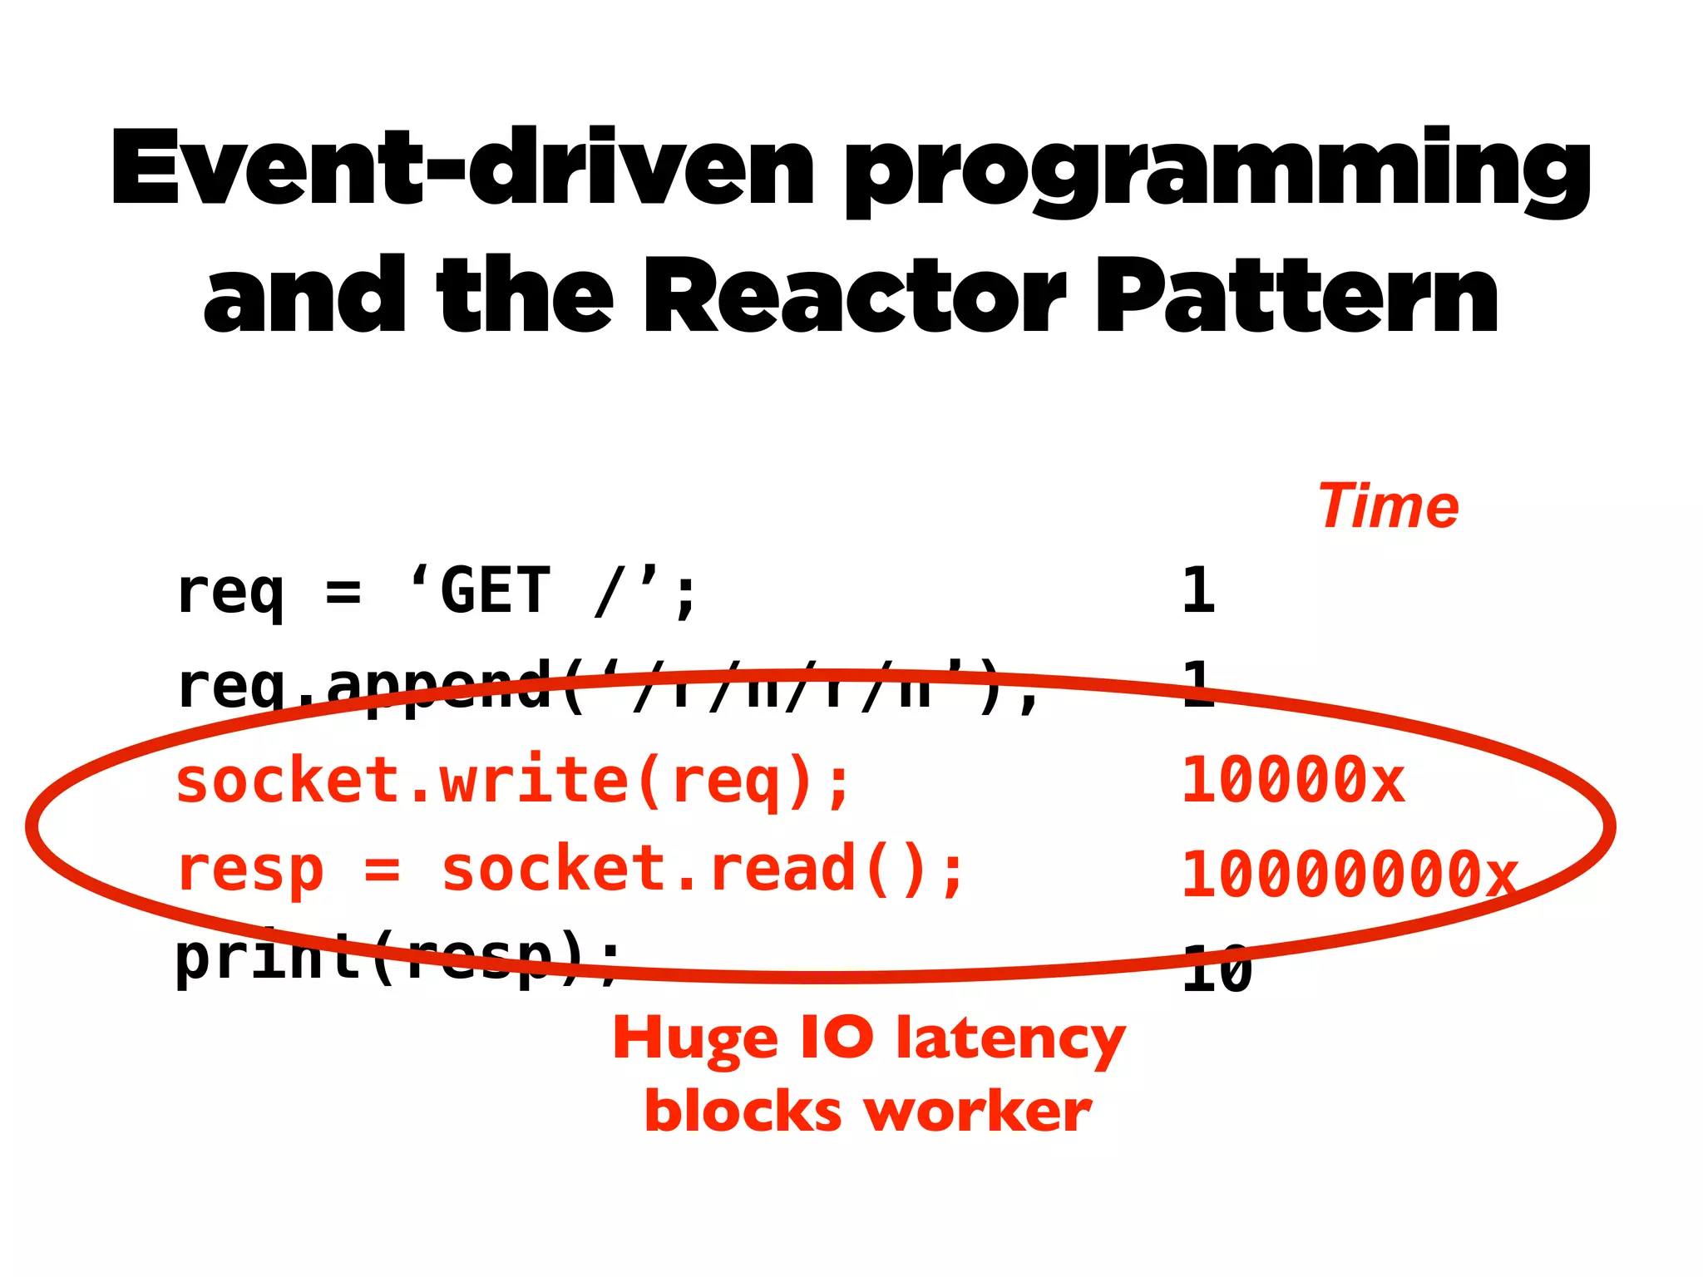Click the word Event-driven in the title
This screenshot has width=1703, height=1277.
pos(462,169)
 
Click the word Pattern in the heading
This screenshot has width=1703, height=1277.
pos(1298,297)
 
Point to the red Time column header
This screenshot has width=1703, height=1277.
pos(1389,506)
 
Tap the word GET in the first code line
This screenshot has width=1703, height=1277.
pos(495,590)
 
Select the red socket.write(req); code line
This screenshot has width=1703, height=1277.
pos(513,781)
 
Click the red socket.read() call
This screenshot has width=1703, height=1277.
pos(703,870)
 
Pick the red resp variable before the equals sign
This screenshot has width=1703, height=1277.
pos(249,870)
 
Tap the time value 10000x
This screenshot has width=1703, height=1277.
pos(1293,781)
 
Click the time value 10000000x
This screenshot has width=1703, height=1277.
pos(1349,875)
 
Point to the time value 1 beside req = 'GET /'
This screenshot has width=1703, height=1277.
pos(1198,590)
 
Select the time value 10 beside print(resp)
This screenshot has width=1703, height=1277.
pos(1217,969)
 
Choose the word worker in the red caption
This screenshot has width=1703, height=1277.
pos(977,1112)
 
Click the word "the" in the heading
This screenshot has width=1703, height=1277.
pos(525,297)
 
